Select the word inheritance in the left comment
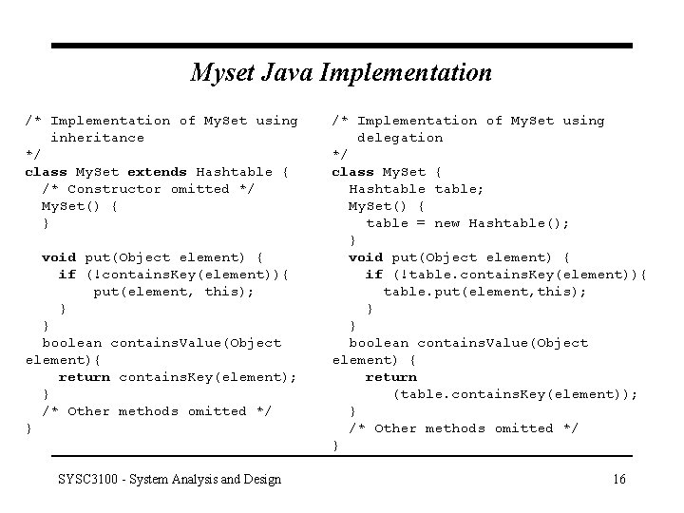[97, 138]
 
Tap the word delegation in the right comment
[400, 138]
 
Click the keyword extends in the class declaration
[157, 172]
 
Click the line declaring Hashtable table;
[416, 189]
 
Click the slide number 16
[618, 479]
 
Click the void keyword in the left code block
[59, 257]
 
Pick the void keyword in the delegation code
[366, 257]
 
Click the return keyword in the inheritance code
[85, 377]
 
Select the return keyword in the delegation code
[391, 377]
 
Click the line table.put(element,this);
[484, 292]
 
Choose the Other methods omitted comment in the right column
[463, 428]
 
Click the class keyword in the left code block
[46, 172]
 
